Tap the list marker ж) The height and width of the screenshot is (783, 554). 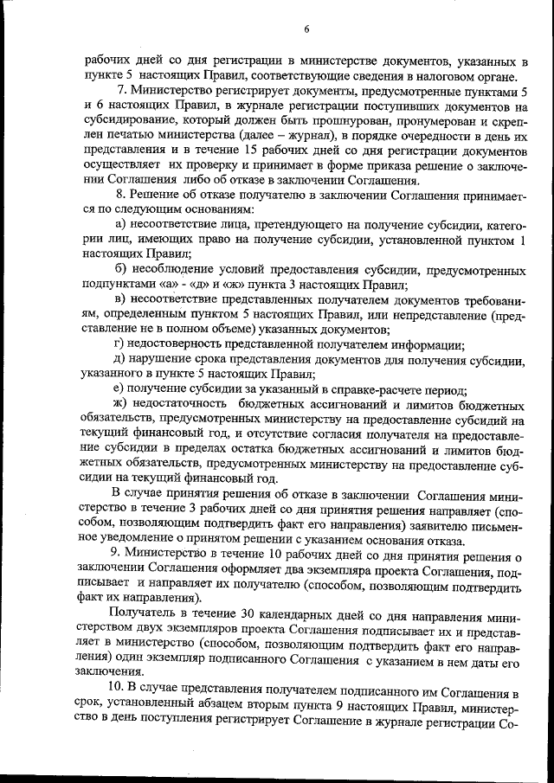(x=121, y=405)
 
